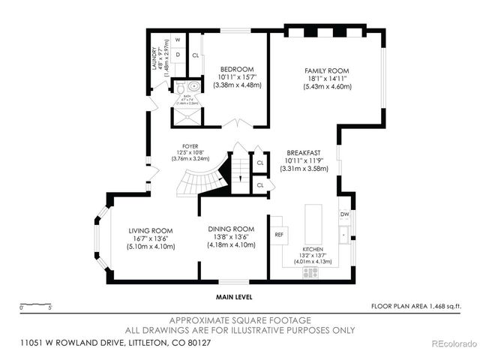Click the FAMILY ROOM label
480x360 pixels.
(x=328, y=68)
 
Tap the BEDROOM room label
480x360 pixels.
(x=237, y=68)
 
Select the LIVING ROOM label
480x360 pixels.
(x=151, y=230)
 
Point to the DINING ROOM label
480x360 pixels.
(x=232, y=229)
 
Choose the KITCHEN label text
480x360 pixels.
(x=313, y=248)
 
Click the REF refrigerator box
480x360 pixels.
(x=279, y=235)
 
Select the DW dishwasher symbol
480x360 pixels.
(x=344, y=214)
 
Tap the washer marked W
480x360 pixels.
(x=178, y=40)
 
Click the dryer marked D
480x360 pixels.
(x=178, y=54)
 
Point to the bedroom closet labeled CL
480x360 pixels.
(x=196, y=55)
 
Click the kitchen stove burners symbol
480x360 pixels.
(x=310, y=273)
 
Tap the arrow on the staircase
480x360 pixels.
(x=239, y=178)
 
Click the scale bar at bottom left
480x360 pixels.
(x=35, y=308)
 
